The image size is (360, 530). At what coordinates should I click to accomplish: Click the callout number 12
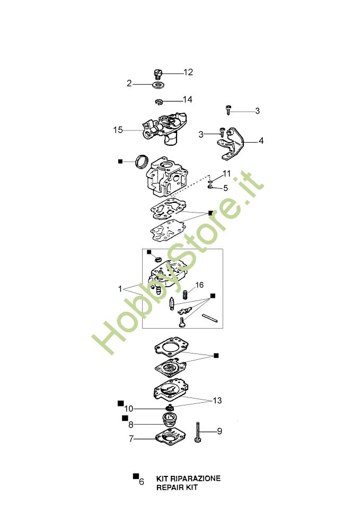(x=188, y=72)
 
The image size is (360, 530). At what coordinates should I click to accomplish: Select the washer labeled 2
(x=157, y=84)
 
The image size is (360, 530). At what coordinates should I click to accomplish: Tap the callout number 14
(x=187, y=100)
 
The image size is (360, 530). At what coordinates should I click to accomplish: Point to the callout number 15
(x=118, y=130)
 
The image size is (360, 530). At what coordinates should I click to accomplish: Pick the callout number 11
(x=226, y=173)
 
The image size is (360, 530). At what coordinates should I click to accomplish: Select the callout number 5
(x=225, y=188)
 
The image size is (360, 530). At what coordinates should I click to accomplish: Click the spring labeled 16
(x=185, y=295)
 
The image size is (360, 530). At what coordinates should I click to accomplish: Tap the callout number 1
(x=120, y=289)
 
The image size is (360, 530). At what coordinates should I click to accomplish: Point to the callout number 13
(x=217, y=401)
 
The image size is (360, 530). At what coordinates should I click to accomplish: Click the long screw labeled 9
(x=198, y=432)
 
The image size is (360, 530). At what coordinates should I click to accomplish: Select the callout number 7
(x=131, y=439)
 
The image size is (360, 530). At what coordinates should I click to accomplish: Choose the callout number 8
(x=130, y=425)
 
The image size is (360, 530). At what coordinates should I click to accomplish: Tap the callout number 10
(x=128, y=409)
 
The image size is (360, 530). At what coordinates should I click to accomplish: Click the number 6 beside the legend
(x=142, y=482)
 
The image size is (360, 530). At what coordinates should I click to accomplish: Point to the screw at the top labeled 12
(x=158, y=73)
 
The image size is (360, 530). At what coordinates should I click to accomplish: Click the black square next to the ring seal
(x=120, y=162)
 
